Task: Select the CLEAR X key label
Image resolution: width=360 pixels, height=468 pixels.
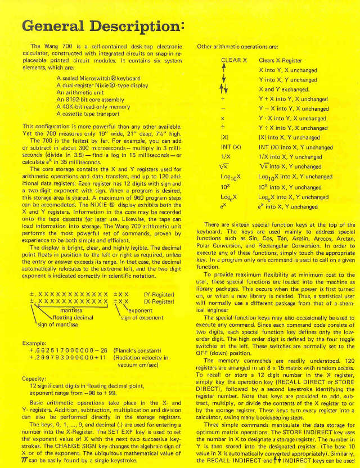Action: pos(234,60)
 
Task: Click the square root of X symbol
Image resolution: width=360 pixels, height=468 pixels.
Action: pos(223,167)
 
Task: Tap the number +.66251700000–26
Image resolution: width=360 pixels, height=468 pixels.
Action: pos(69,350)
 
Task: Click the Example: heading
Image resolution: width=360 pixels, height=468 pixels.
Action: pos(34,343)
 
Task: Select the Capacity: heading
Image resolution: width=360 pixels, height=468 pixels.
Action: pos(34,379)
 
